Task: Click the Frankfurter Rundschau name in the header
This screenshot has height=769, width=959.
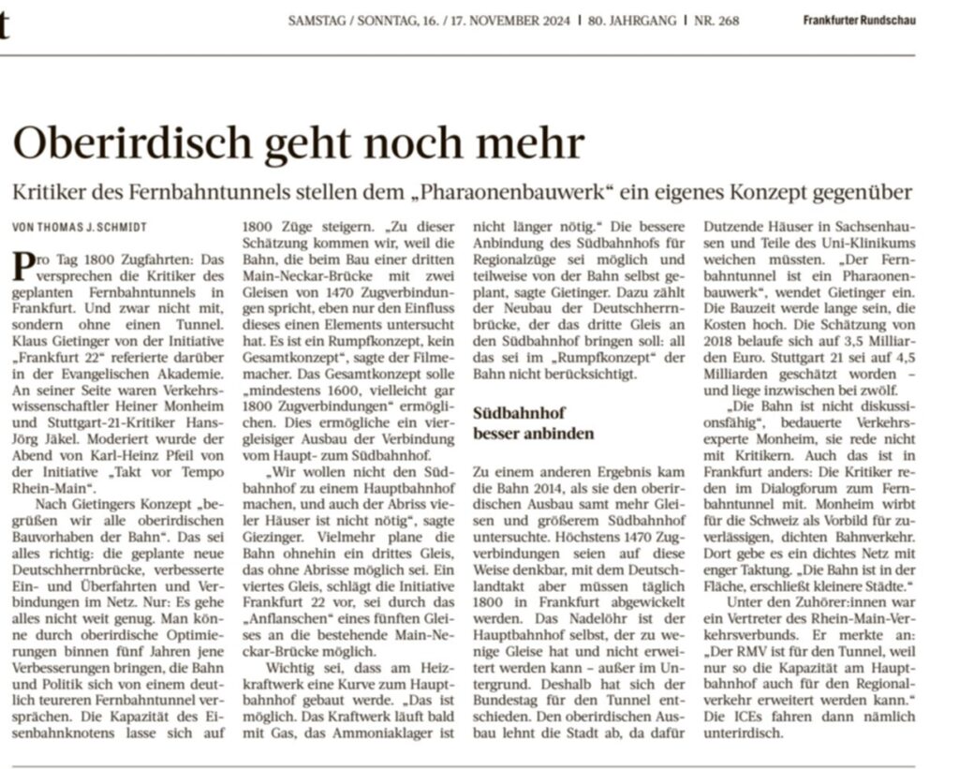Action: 858,21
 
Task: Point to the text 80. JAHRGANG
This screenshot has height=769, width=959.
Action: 632,21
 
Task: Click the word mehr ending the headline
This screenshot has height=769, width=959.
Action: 538,143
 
